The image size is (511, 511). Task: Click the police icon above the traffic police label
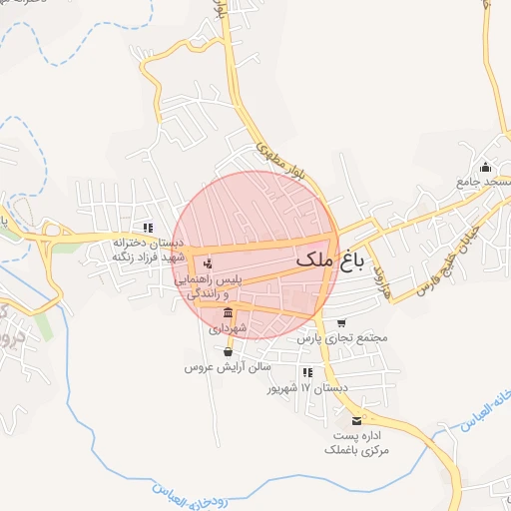click(x=208, y=264)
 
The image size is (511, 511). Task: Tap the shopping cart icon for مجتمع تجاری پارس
click(x=342, y=322)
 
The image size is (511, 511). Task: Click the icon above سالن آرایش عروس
click(x=229, y=351)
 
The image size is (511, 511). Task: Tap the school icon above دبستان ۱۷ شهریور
click(x=307, y=372)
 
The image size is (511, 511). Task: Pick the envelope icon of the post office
click(x=357, y=420)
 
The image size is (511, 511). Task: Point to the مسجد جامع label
click(x=484, y=183)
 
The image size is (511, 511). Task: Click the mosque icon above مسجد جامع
click(x=486, y=167)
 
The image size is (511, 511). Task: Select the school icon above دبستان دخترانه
click(x=148, y=229)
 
